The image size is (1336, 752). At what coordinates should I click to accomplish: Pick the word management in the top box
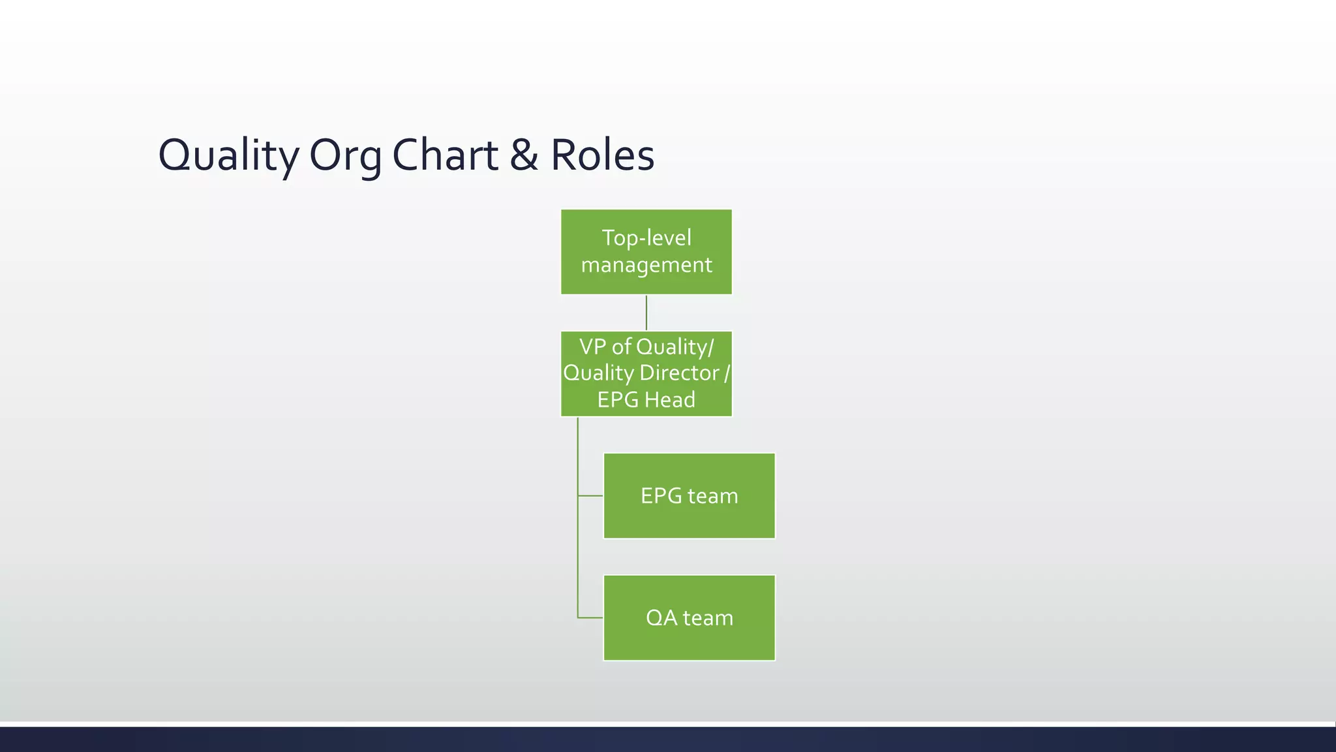tap(646, 265)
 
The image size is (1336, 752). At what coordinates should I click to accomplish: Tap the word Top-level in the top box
tap(646, 238)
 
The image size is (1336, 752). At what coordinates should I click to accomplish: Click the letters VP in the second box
tap(592, 346)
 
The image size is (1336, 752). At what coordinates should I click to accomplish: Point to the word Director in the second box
tap(679, 373)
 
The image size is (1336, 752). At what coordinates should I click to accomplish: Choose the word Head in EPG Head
tap(670, 399)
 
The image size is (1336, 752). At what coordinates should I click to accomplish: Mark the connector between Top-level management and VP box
tap(646, 313)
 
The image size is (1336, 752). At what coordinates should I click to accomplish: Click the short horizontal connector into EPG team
tap(590, 496)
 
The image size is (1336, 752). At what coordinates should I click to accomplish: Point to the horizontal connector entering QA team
tap(590, 618)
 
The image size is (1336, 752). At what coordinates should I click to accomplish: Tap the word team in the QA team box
tap(708, 618)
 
